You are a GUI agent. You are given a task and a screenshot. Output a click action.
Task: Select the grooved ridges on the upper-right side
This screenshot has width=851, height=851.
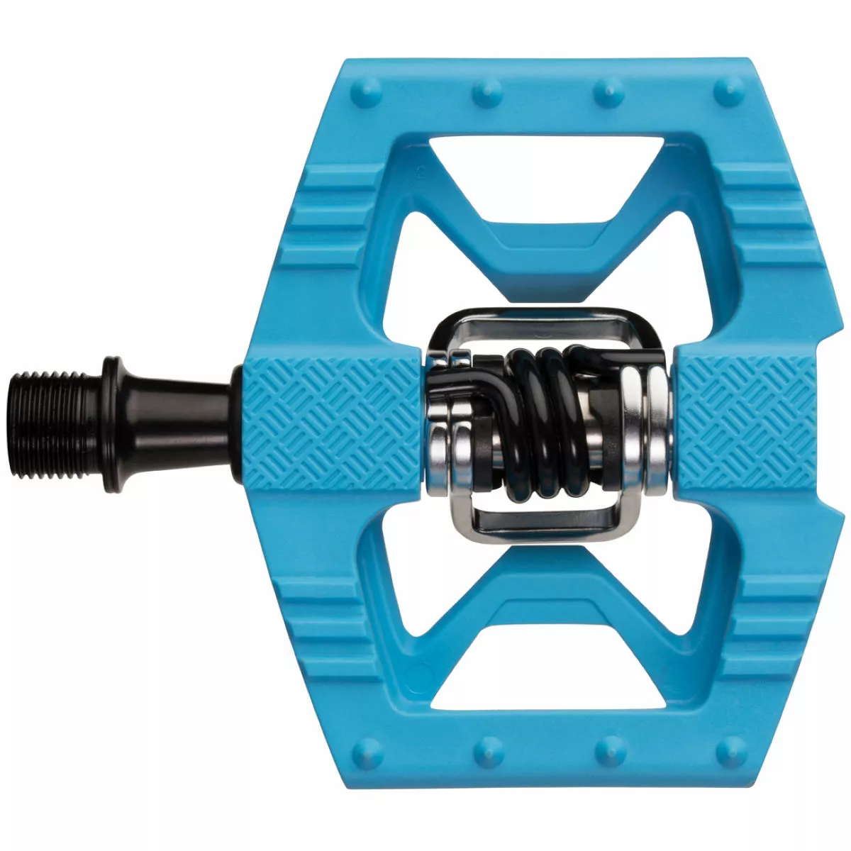click(766, 213)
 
